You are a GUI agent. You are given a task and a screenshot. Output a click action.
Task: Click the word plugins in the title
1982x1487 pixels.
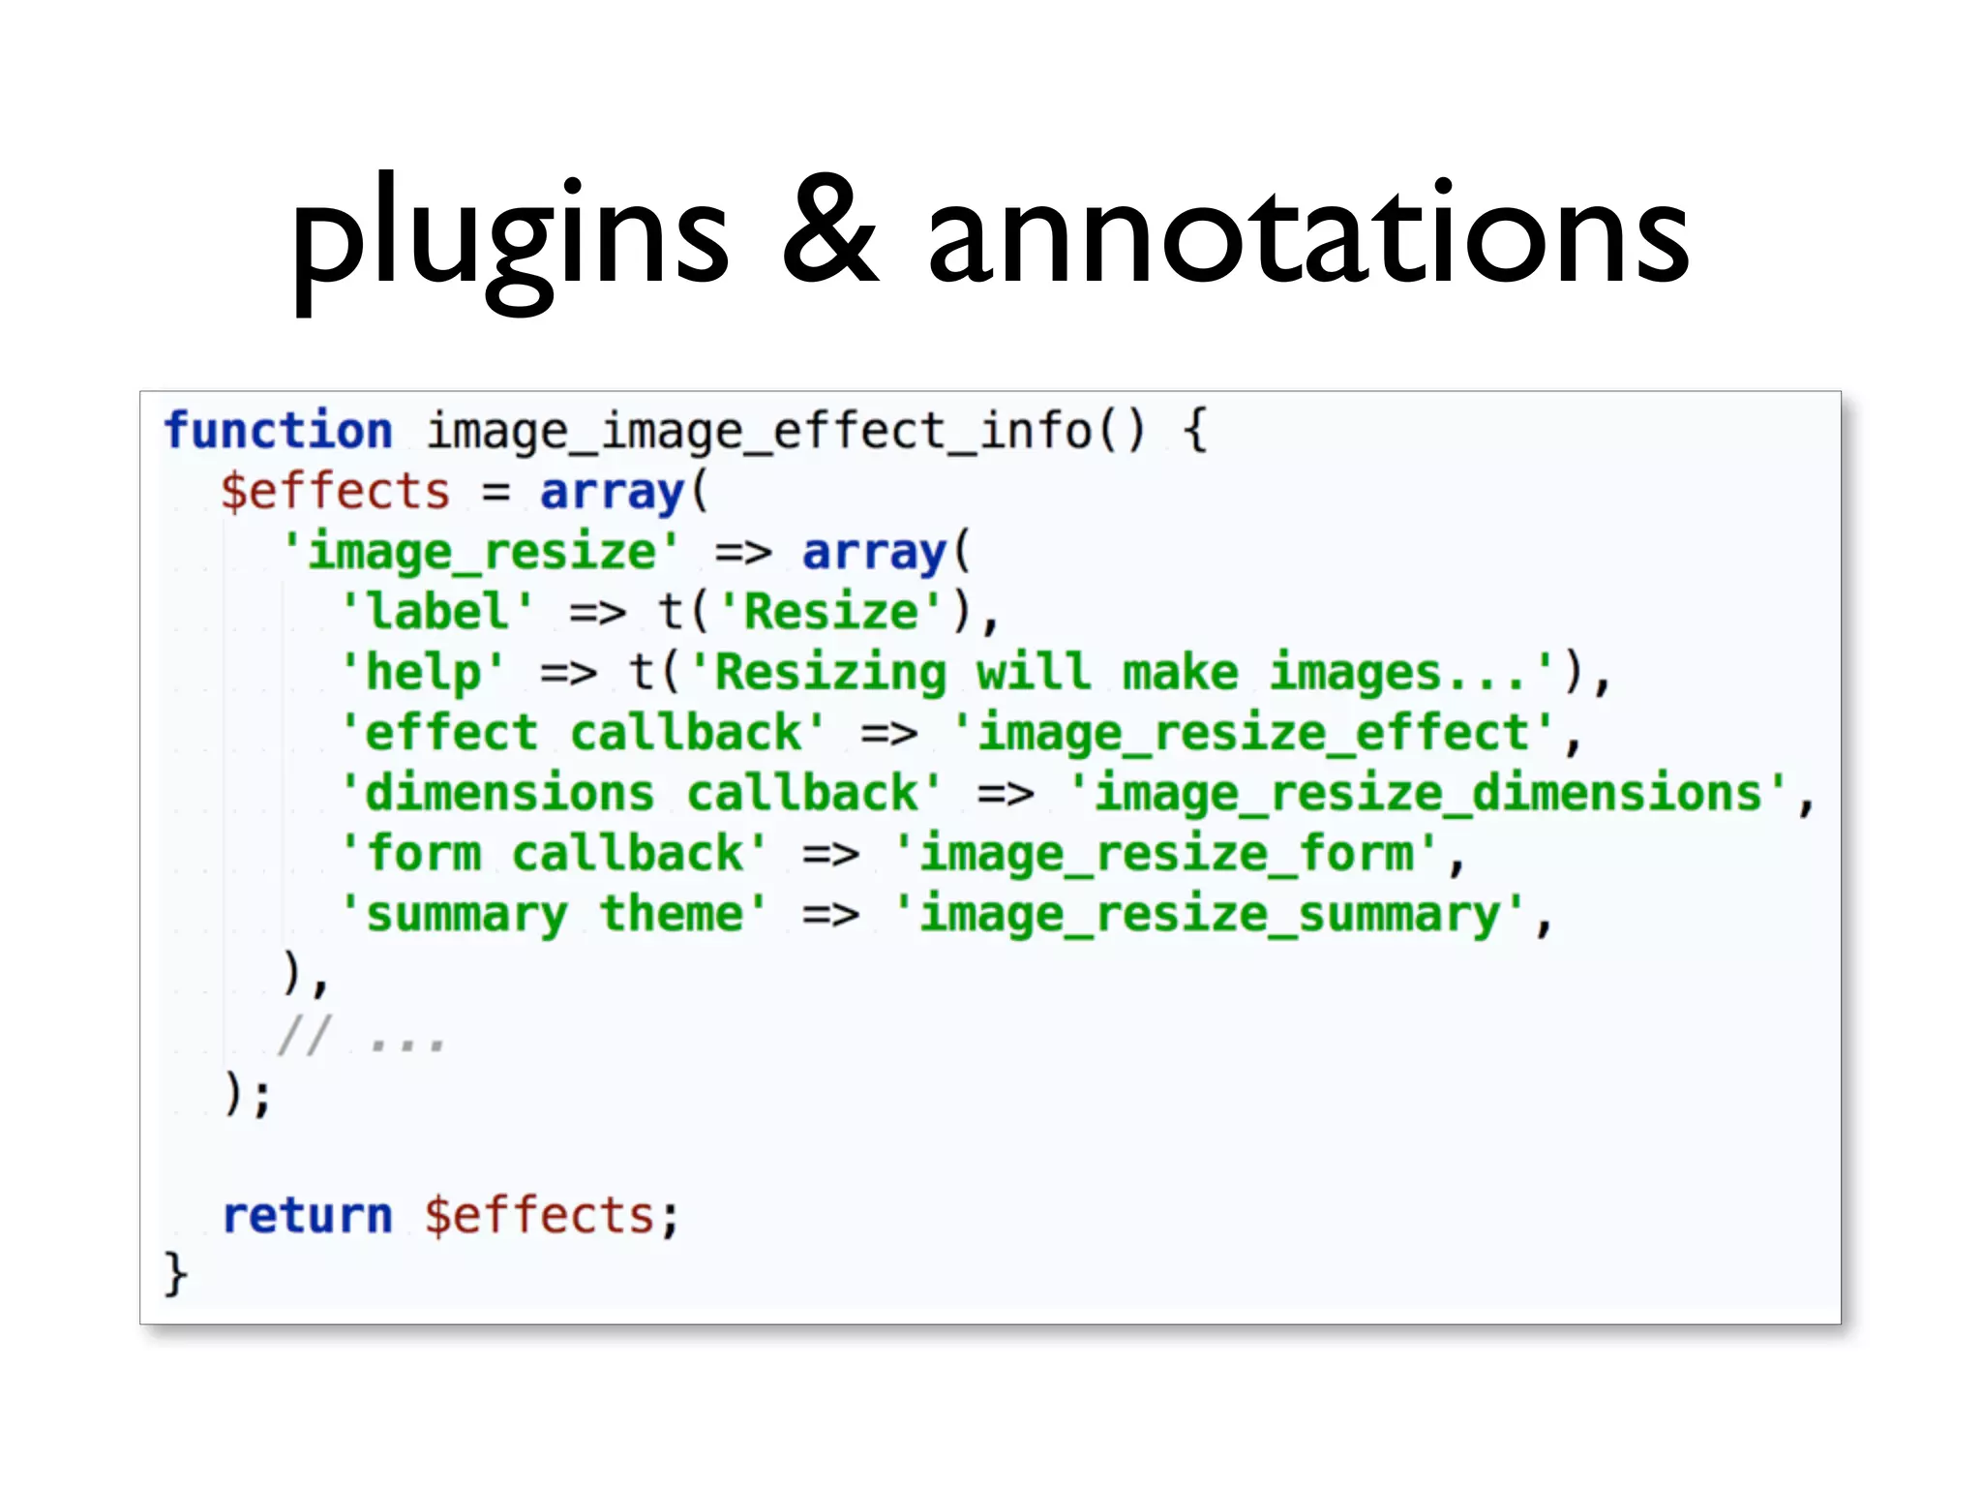pos(510,237)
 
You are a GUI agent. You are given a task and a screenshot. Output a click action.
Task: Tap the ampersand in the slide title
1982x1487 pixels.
pos(829,232)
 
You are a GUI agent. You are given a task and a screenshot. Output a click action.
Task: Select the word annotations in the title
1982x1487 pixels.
pos(1307,232)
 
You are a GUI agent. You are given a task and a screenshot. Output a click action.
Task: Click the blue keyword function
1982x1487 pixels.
pos(279,431)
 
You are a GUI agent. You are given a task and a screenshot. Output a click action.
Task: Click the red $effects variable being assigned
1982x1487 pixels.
pos(336,492)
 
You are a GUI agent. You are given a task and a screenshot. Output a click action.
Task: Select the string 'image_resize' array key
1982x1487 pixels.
pos(481,552)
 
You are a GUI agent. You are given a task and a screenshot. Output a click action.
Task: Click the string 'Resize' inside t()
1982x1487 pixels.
pos(830,612)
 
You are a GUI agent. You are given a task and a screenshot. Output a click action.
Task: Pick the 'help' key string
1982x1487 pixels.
pos(423,672)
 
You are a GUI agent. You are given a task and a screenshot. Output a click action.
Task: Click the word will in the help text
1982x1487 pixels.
pos(1033,672)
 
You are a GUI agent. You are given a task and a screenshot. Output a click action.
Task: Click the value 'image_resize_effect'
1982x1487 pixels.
pos(1253,733)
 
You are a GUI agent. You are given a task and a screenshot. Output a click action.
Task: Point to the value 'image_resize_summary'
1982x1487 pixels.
pos(1210,914)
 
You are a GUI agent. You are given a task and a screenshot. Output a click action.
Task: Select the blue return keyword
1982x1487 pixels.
pos(308,1216)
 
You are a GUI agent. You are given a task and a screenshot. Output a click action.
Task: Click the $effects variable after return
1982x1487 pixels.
pos(540,1216)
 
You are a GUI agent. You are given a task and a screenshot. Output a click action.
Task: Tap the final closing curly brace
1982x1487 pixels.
pos(175,1274)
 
